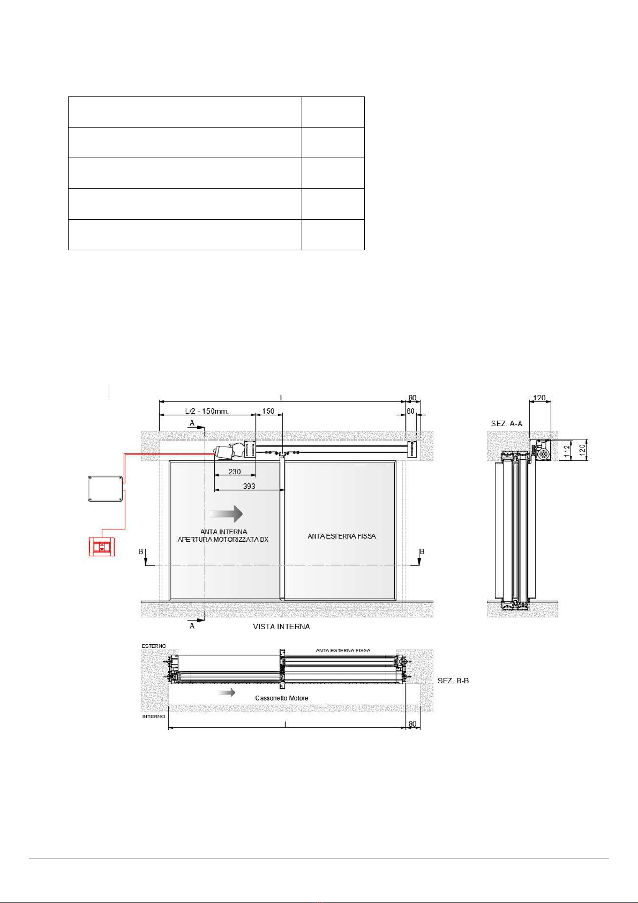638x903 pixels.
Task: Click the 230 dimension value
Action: (235, 471)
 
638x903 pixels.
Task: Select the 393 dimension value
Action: (249, 486)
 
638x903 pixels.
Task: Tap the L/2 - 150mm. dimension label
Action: (207, 411)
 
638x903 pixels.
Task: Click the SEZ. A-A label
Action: (507, 423)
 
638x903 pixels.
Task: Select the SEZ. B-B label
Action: (453, 681)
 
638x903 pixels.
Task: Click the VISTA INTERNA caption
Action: (281, 626)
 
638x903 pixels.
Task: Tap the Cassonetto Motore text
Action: (282, 698)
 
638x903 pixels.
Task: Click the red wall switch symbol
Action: (102, 547)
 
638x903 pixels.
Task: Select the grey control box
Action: (105, 489)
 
